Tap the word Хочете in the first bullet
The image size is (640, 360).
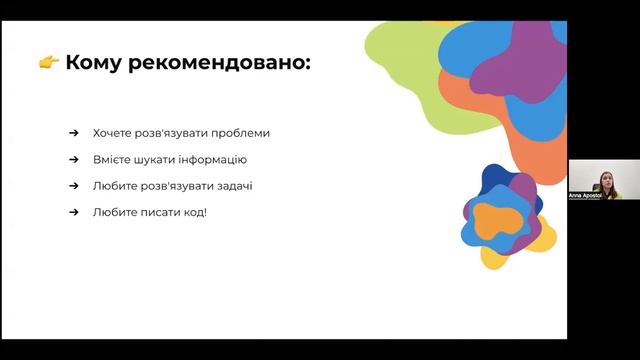click(112, 133)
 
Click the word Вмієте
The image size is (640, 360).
click(112, 159)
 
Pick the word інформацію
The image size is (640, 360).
click(212, 159)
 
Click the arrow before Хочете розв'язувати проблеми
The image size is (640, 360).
click(74, 133)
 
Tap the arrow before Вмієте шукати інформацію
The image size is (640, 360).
click(74, 159)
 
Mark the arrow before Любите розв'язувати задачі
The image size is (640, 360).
click(74, 185)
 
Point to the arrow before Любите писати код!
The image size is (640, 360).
click(74, 211)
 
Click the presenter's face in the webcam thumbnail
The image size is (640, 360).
click(605, 180)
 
